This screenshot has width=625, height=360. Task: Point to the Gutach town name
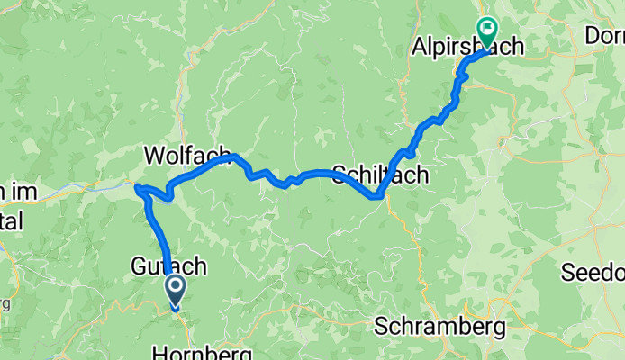click(169, 266)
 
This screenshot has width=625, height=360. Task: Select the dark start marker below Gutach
click(174, 291)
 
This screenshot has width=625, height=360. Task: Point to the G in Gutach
click(139, 266)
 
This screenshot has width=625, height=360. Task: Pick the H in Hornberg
click(159, 350)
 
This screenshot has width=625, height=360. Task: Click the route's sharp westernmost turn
click(137, 187)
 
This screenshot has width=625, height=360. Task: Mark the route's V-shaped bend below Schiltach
click(376, 195)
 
